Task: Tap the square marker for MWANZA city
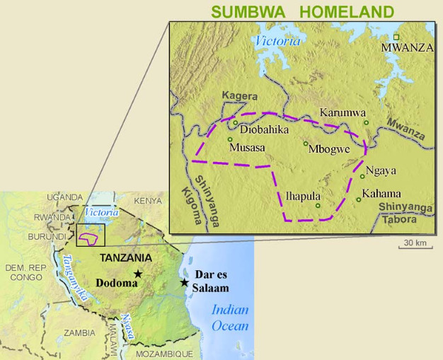tap(396, 37)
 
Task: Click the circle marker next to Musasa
tap(230, 139)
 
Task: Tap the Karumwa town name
tap(343, 112)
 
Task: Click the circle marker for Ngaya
tap(362, 176)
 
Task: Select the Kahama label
tap(381, 194)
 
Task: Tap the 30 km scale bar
tap(415, 243)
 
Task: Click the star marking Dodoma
tap(139, 274)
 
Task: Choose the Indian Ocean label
tap(231, 318)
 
